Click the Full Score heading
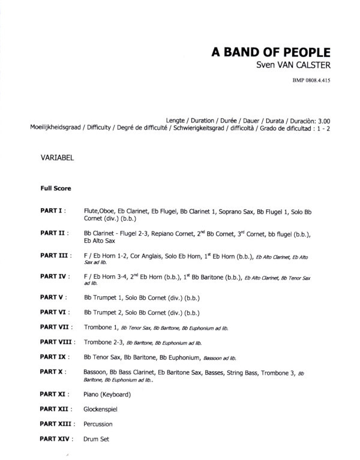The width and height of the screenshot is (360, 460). tap(56, 188)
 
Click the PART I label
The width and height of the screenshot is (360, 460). tap(53, 212)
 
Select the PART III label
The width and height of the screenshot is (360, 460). tap(56, 255)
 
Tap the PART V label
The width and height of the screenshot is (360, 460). tap(53, 296)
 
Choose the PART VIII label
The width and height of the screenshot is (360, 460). tap(58, 342)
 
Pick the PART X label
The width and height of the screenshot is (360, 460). tap(53, 372)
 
